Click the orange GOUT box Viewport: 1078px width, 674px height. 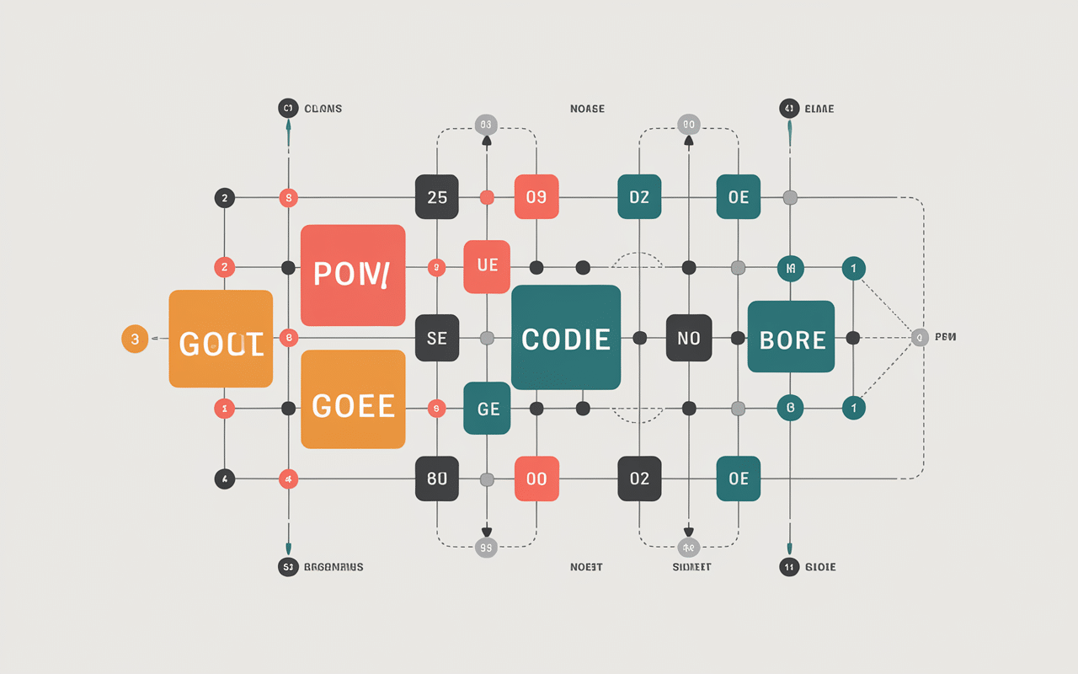tap(221, 339)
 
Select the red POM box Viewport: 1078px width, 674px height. tap(353, 275)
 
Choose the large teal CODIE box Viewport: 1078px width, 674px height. tap(566, 338)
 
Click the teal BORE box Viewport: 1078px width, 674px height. tap(791, 337)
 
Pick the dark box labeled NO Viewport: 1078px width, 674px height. tap(689, 339)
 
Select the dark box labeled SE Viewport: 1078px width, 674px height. tap(437, 339)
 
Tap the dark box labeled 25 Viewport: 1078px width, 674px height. tap(437, 197)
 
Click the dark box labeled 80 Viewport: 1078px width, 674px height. tap(437, 479)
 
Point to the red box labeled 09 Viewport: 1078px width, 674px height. tap(536, 197)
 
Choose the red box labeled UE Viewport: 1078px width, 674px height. tap(487, 266)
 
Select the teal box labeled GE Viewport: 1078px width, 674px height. tap(487, 409)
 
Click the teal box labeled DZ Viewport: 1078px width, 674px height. tap(639, 197)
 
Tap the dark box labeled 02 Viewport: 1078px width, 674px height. tap(639, 479)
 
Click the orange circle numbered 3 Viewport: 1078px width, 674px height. tap(135, 339)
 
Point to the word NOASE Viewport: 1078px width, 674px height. tap(587, 109)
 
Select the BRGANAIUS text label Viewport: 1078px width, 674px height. tap(334, 567)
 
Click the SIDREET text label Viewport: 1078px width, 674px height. tap(691, 567)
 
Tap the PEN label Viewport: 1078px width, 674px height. tap(945, 338)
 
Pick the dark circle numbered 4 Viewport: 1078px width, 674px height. tap(224, 479)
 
